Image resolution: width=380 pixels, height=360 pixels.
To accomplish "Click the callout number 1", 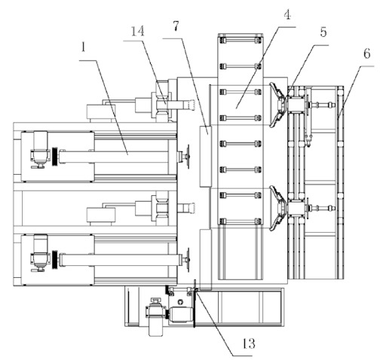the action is click(84, 47).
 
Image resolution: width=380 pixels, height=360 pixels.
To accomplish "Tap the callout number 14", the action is click(137, 31).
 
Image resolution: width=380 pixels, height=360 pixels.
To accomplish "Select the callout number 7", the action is click(176, 26).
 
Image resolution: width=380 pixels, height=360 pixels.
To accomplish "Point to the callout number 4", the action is click(287, 15).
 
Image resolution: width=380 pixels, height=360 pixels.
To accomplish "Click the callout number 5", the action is click(323, 32).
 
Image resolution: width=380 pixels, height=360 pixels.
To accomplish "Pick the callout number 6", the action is click(366, 53).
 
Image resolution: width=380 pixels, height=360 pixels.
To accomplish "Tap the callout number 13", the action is click(249, 343).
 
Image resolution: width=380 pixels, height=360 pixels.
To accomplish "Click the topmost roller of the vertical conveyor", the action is click(241, 41).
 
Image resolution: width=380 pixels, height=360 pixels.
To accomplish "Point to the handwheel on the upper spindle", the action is click(187, 157).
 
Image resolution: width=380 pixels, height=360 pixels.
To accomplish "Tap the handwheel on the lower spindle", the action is click(187, 260).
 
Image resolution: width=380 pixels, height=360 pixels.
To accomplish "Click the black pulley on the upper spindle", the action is click(55, 156).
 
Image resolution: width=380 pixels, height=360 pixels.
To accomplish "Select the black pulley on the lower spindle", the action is click(55, 260).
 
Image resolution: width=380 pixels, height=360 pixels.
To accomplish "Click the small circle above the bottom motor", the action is click(180, 302).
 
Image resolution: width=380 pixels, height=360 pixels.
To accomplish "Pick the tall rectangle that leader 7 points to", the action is click(206, 156).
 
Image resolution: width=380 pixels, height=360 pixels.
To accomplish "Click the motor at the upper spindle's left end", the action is click(39, 150).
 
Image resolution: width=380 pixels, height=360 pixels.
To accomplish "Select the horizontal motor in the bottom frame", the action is click(180, 314).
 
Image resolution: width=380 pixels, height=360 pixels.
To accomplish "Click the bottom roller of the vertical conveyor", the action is click(241, 221).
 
